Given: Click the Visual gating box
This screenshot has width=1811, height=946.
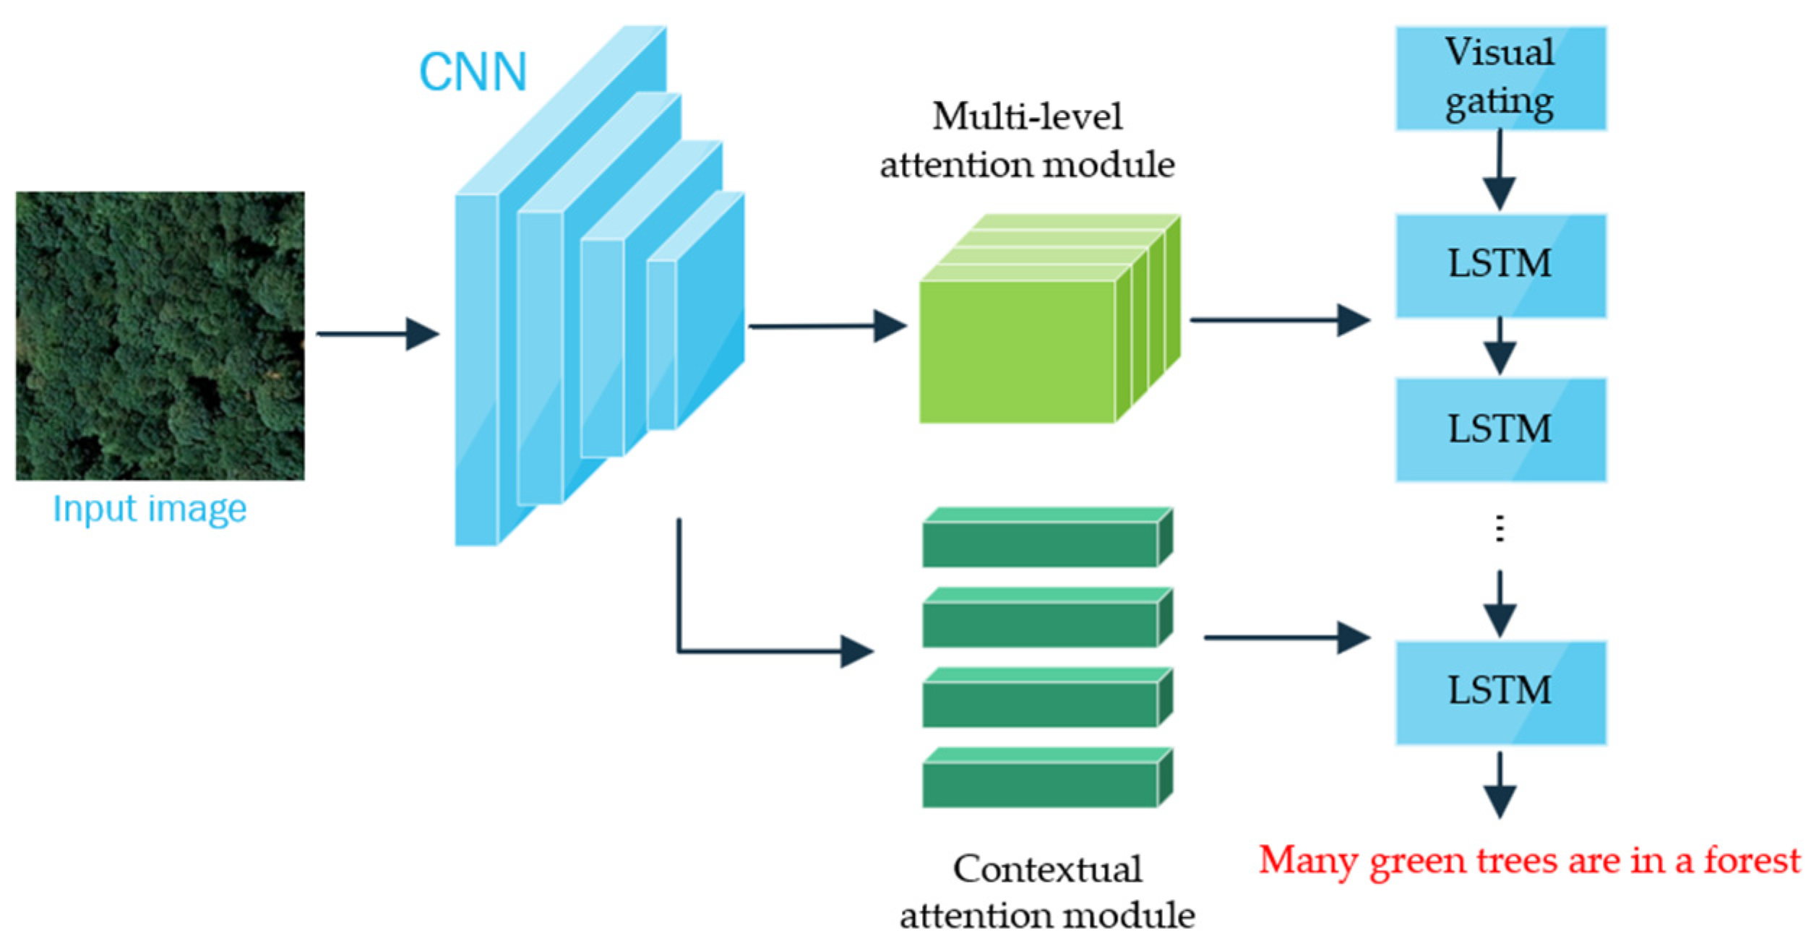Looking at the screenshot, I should click(x=1500, y=78).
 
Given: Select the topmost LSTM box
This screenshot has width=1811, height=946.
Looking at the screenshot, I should click(x=1500, y=265).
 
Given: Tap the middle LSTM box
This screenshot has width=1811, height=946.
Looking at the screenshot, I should click(x=1500, y=429).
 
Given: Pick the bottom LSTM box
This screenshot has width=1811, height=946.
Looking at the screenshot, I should click(x=1500, y=692).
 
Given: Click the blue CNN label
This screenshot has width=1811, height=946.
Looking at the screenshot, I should click(x=473, y=72).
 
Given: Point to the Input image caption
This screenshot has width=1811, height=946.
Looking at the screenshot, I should click(x=150, y=509).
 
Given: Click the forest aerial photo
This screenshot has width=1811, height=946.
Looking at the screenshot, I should click(x=160, y=335).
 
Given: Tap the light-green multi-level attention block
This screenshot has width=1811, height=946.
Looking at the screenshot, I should click(x=1019, y=351).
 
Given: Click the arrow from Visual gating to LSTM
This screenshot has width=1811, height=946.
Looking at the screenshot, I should click(x=1500, y=171).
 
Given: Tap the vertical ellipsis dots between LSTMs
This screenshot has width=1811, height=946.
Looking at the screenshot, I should click(x=1500, y=529).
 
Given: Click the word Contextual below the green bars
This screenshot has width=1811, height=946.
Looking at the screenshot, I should click(x=1047, y=869).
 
